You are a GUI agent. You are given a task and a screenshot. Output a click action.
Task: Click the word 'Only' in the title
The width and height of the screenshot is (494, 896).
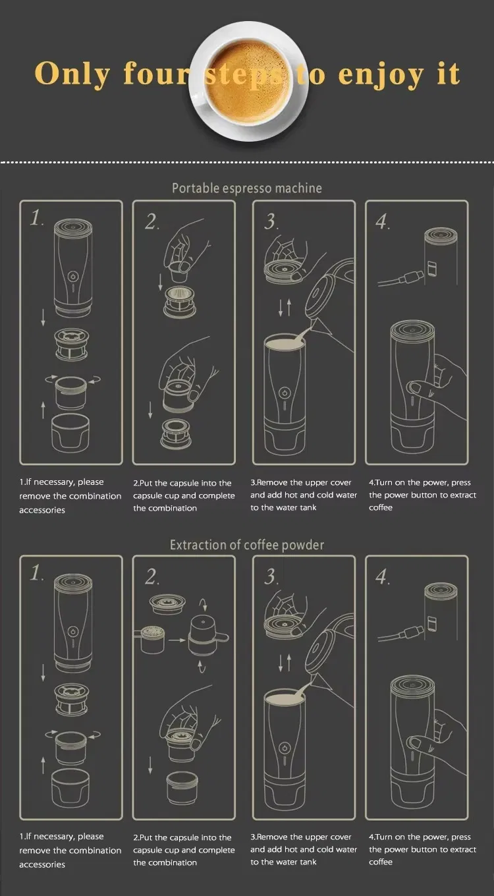(x=72, y=74)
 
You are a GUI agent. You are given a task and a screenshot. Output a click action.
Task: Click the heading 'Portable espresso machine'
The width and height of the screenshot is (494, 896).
(x=247, y=188)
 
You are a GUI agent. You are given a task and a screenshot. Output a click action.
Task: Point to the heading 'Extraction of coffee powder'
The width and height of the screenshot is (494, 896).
(x=247, y=545)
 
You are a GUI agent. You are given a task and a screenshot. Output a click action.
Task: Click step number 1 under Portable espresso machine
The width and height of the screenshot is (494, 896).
(x=37, y=218)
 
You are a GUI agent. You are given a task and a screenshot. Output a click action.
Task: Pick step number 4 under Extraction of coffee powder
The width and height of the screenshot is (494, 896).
(x=383, y=578)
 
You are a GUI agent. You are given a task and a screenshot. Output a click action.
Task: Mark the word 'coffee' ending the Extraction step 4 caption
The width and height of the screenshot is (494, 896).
(x=381, y=862)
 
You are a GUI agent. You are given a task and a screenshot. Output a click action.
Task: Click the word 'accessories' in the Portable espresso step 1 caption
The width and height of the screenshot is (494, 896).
(x=42, y=511)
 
